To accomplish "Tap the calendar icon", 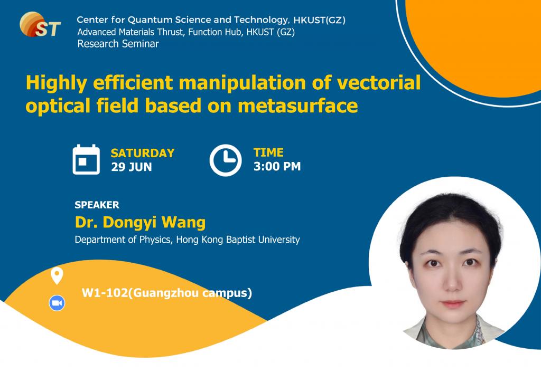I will click(86, 159).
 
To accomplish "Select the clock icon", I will click(226, 159).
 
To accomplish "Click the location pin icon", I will click(57, 275).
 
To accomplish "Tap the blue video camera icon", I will click(57, 303).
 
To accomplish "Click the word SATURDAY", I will click(142, 153).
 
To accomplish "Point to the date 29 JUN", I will click(132, 167).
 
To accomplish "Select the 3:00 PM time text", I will click(277, 167).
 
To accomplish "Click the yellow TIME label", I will click(268, 152).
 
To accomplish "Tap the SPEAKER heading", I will click(97, 205).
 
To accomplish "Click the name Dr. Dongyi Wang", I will click(140, 222).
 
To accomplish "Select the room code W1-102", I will click(105, 292).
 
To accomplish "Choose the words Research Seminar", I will click(118, 44).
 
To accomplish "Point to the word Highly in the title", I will click(55, 83).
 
